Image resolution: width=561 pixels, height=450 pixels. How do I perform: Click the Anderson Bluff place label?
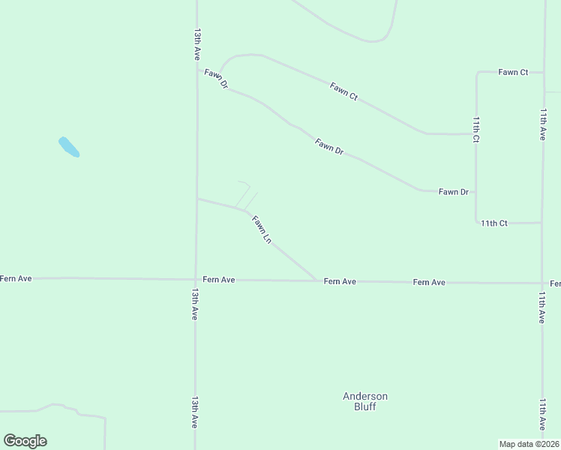[x=365, y=401]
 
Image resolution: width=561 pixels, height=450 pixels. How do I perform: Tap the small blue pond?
[x=69, y=147]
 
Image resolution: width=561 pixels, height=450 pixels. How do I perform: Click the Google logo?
[x=25, y=441]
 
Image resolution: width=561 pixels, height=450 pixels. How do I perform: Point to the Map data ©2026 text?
[x=529, y=444]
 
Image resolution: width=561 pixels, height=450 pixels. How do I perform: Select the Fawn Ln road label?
[x=262, y=229]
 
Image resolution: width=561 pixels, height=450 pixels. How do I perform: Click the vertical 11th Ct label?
[x=475, y=129]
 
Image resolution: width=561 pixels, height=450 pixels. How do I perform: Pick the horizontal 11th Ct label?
[x=494, y=223]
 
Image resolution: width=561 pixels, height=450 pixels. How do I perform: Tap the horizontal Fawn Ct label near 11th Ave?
[x=513, y=72]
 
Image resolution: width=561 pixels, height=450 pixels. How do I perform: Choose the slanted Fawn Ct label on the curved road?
[x=343, y=91]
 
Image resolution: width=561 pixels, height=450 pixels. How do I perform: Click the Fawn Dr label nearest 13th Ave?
[x=215, y=79]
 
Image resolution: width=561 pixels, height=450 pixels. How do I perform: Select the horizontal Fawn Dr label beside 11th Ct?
[x=453, y=192]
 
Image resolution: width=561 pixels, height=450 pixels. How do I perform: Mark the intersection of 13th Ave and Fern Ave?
[x=196, y=279]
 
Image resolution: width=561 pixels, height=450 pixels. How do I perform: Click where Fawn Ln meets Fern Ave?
[x=316, y=281]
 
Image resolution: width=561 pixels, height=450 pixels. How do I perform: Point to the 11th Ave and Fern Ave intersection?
[x=542, y=283]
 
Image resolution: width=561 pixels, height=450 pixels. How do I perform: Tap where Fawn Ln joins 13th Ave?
[x=196, y=199]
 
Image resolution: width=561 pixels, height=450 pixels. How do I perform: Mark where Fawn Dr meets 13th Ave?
[x=196, y=70]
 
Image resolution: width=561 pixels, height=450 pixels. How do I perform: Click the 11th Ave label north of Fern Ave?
[x=542, y=124]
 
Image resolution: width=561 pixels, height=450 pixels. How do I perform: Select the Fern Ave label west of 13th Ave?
[x=16, y=278]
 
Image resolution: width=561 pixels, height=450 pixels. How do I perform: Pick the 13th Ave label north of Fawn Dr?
[x=196, y=44]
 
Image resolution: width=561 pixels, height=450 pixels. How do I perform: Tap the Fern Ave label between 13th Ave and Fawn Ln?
[x=220, y=280]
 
